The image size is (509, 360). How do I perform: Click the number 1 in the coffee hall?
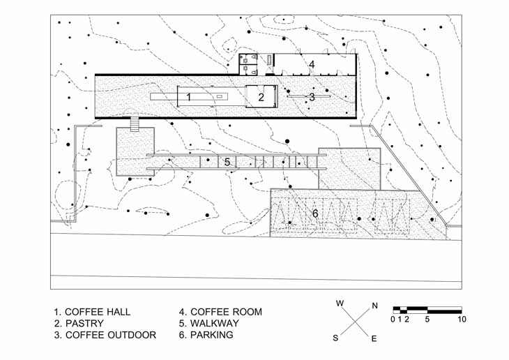point(188,97)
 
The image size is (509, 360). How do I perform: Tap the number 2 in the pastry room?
point(261,97)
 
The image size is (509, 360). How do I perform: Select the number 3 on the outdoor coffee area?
point(312,97)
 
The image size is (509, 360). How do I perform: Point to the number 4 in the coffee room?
point(312,64)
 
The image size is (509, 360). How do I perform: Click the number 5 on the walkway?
point(227,162)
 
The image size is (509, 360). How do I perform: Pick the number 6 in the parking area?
point(315,213)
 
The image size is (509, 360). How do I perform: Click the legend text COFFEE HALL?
point(98,312)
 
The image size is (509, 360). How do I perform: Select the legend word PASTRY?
point(84,324)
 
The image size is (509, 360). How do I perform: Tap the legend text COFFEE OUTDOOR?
point(111,335)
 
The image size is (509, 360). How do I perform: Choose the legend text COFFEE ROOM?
point(226,312)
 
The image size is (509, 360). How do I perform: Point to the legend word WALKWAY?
point(215,323)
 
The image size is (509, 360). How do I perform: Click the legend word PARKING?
point(212,335)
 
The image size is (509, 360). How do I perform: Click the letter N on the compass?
point(375,306)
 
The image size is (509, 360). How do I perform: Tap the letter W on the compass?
point(340,303)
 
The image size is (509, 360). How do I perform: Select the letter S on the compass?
point(335,338)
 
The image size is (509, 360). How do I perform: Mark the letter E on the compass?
point(374,339)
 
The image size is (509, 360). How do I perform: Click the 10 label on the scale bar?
point(462,320)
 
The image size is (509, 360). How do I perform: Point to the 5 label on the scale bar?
point(427,320)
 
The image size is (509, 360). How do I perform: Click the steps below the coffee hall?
point(135,124)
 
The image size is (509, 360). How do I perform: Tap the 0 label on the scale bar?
point(393,320)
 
